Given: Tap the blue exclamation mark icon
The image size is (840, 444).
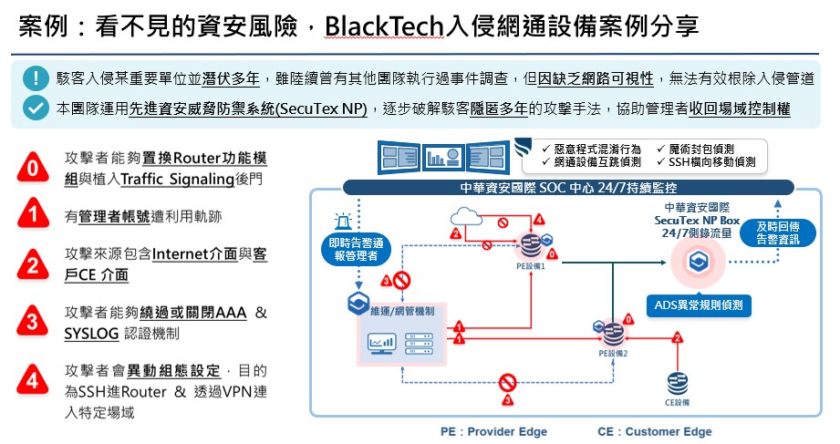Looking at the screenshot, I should pyautogui.click(x=36, y=78).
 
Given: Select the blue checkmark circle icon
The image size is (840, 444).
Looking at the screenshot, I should pyautogui.click(x=36, y=108).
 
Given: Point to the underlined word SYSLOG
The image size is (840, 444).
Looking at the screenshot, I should pyautogui.click(x=91, y=334).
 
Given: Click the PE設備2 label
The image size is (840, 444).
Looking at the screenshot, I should pyautogui.click(x=613, y=351).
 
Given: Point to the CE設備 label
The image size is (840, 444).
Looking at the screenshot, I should pyautogui.click(x=676, y=402).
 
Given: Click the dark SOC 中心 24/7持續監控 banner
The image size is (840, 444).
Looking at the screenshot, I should pyautogui.click(x=570, y=189).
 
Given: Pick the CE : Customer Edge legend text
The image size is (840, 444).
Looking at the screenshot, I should pyautogui.click(x=654, y=431).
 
